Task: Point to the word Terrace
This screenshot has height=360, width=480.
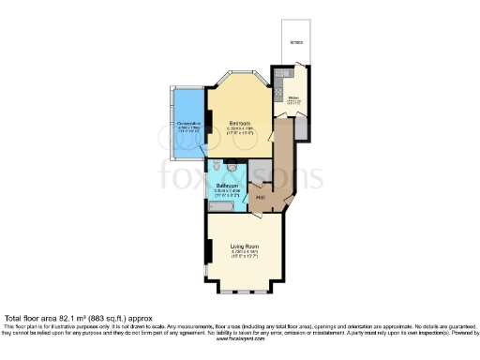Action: [296, 43]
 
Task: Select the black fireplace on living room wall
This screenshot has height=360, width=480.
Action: [207, 251]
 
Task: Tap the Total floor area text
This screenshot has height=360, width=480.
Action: [73, 318]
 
